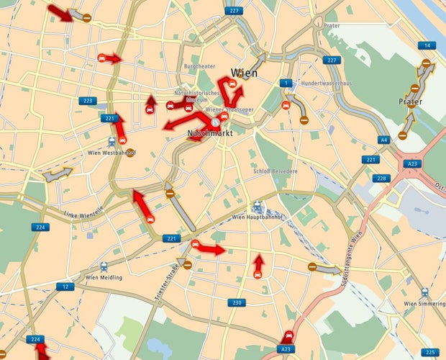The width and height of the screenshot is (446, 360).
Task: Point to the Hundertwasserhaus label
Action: point(326,84)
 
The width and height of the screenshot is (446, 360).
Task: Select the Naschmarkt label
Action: point(207,134)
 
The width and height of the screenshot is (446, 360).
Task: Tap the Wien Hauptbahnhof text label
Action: point(258,217)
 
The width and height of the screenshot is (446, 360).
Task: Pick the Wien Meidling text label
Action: point(104,277)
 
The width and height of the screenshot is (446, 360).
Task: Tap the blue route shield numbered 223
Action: point(87,101)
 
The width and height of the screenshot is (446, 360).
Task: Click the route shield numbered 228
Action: point(381,179)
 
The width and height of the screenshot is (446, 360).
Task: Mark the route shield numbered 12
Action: point(65,287)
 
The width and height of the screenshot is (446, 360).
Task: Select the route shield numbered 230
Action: point(237,302)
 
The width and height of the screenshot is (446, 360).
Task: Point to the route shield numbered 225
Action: point(430,352)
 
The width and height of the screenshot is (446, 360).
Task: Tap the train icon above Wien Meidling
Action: point(106,266)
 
